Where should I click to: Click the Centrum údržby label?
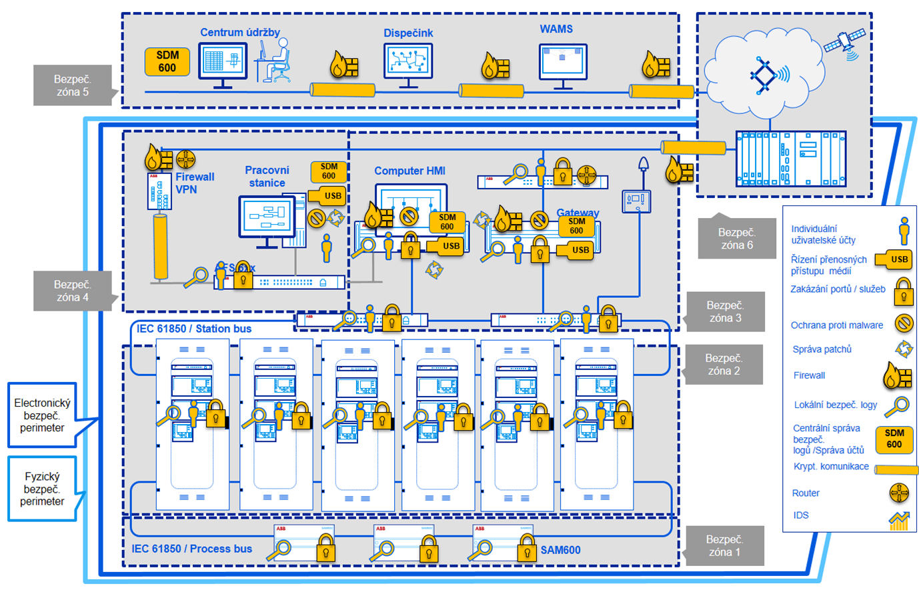coord(240,32)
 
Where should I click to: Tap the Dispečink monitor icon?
coord(408,63)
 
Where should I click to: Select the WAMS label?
coord(556,29)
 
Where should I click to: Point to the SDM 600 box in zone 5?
coord(167,62)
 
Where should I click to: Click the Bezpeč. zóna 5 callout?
coord(72,85)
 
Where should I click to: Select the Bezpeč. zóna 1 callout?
coord(724,545)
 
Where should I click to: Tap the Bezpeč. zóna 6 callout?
coord(736,239)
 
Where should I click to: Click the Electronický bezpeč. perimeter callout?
coord(42,415)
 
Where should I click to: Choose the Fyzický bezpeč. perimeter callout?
coord(42,489)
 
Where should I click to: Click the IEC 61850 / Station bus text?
coord(194,329)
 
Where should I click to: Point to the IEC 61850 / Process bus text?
coord(192,549)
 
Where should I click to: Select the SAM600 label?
coord(560,550)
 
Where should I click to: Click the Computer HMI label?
coord(409,171)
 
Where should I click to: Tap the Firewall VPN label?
coord(195,183)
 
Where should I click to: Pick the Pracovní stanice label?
coord(267,177)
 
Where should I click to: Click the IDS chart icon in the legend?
coord(899,520)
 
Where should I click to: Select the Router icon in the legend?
coord(899,493)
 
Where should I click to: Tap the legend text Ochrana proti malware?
coord(836,325)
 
